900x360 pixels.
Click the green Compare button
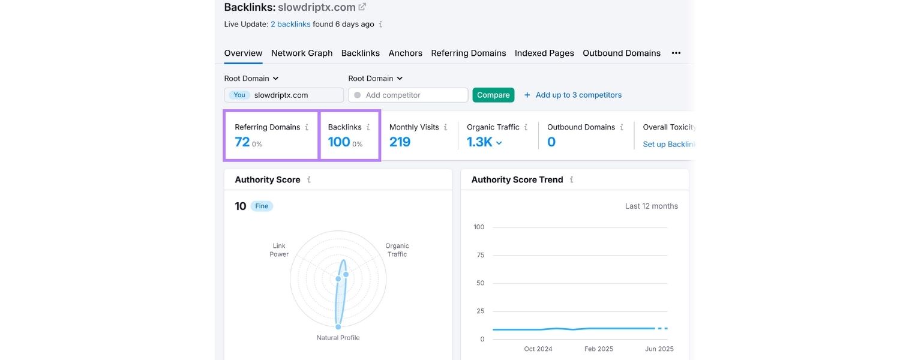(493, 95)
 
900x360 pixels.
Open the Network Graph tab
(301, 53)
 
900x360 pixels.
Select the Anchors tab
(405, 53)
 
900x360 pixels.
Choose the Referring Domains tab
(468, 53)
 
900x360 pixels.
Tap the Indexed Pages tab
(544, 53)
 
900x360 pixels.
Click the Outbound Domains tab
(621, 53)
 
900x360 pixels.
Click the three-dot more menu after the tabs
(676, 53)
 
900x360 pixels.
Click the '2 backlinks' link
(290, 24)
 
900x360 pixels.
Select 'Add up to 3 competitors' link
(578, 95)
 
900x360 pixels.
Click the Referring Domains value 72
(242, 142)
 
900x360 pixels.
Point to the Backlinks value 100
(338, 142)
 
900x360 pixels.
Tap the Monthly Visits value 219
(400, 142)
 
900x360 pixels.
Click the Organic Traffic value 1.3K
(480, 142)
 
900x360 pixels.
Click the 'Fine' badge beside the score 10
(262, 206)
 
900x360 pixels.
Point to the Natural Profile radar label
(338, 337)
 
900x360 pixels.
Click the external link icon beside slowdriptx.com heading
(362, 7)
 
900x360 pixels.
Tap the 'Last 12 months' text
(651, 206)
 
